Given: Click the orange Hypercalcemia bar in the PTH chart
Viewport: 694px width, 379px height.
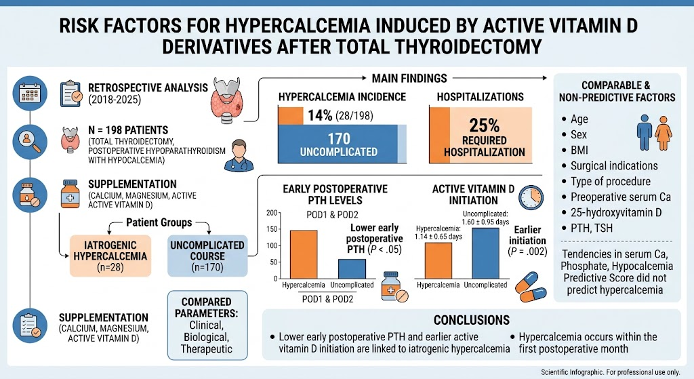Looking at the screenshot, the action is click(304, 254).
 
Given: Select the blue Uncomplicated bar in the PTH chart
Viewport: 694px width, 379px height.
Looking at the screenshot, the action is click(352, 268).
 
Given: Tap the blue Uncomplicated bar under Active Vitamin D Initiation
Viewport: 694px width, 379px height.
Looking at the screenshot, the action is click(485, 254).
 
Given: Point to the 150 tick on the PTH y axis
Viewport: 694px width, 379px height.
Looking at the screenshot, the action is click(272, 229).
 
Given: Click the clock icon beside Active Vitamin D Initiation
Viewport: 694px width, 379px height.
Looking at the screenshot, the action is click(531, 197).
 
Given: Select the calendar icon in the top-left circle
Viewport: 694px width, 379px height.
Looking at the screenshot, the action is click(30, 94).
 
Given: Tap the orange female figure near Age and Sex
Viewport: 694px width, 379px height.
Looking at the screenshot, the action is click(663, 133).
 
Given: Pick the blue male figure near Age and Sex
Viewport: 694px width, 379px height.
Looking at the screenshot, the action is click(645, 133).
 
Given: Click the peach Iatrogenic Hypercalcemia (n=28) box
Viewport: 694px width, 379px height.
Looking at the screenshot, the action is click(110, 256).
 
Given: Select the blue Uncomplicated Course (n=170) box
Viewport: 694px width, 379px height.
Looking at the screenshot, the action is click(207, 256).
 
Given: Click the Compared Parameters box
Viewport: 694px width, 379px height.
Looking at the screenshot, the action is click(207, 325).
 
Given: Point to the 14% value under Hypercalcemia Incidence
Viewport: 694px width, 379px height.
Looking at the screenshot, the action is click(320, 115).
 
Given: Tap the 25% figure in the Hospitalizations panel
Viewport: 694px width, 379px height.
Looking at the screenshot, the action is click(484, 125).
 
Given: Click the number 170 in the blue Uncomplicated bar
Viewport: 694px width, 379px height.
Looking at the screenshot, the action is click(339, 138).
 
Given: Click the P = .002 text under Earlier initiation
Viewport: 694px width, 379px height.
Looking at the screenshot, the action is click(527, 252).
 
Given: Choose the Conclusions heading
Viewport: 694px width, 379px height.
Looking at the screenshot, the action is click(472, 319).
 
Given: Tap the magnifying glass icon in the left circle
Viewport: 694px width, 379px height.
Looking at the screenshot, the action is click(30, 141).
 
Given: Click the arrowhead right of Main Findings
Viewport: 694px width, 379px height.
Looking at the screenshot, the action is click(544, 78).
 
